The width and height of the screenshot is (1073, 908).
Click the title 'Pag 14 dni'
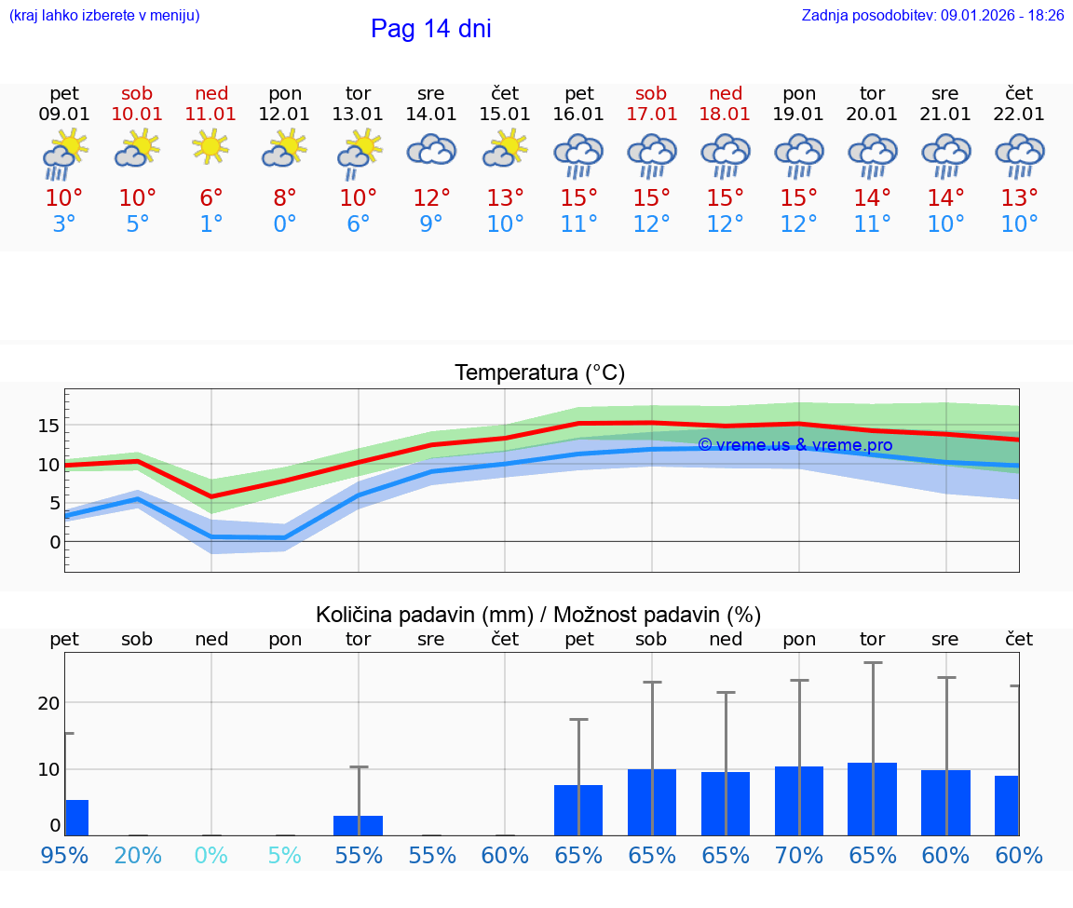430,29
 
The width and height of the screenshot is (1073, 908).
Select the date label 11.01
211,114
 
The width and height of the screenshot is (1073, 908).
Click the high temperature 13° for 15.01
505,197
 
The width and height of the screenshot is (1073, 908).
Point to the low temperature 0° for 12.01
284,224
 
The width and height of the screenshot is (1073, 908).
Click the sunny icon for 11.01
211,146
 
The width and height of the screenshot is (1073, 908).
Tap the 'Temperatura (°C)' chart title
539,373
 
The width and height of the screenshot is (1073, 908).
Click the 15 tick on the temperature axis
49,426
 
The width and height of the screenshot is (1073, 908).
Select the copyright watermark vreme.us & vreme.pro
795,445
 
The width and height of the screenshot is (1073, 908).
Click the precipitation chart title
538,615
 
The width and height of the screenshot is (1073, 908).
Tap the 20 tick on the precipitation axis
49,702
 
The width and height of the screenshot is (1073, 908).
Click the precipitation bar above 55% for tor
358,825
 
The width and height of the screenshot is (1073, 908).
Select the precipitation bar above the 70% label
799,801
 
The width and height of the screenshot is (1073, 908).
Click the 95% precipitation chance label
64,855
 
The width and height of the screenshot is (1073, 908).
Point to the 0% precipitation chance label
211,855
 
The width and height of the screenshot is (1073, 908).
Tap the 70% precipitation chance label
799,855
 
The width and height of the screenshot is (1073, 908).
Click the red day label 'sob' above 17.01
651,93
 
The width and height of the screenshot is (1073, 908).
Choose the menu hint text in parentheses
104,15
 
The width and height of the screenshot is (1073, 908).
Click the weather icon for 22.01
1019,156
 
